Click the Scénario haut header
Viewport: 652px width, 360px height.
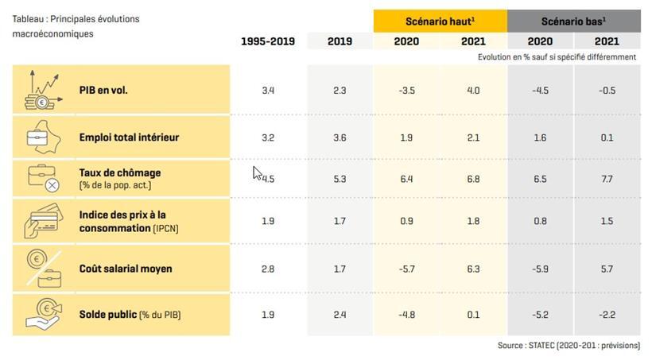tap(440, 21)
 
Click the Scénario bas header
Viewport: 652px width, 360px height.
tap(573, 21)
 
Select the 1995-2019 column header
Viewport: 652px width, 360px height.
tap(268, 41)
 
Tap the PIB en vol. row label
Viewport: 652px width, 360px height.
tap(103, 91)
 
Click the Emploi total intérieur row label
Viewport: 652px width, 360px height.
tap(129, 137)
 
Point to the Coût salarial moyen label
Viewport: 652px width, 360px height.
tap(126, 269)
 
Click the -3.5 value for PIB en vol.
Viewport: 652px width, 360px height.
tap(406, 91)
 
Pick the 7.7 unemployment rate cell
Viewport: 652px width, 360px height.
tap(607, 179)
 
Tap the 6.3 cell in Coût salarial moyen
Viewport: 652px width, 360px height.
tap(473, 269)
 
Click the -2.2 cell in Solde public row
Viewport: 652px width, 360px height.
tap(607, 315)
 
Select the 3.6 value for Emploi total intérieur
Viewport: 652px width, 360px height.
tap(340, 137)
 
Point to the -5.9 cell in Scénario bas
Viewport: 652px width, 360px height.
tap(540, 269)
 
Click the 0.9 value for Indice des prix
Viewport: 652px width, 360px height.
tap(406, 221)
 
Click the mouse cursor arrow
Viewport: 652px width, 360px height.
tap(257, 172)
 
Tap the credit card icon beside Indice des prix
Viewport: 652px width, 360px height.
tap(41, 221)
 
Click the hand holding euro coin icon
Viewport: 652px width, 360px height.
tap(41, 314)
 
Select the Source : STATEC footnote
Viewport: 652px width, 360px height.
tap(569, 345)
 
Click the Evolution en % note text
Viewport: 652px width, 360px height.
tap(557, 57)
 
